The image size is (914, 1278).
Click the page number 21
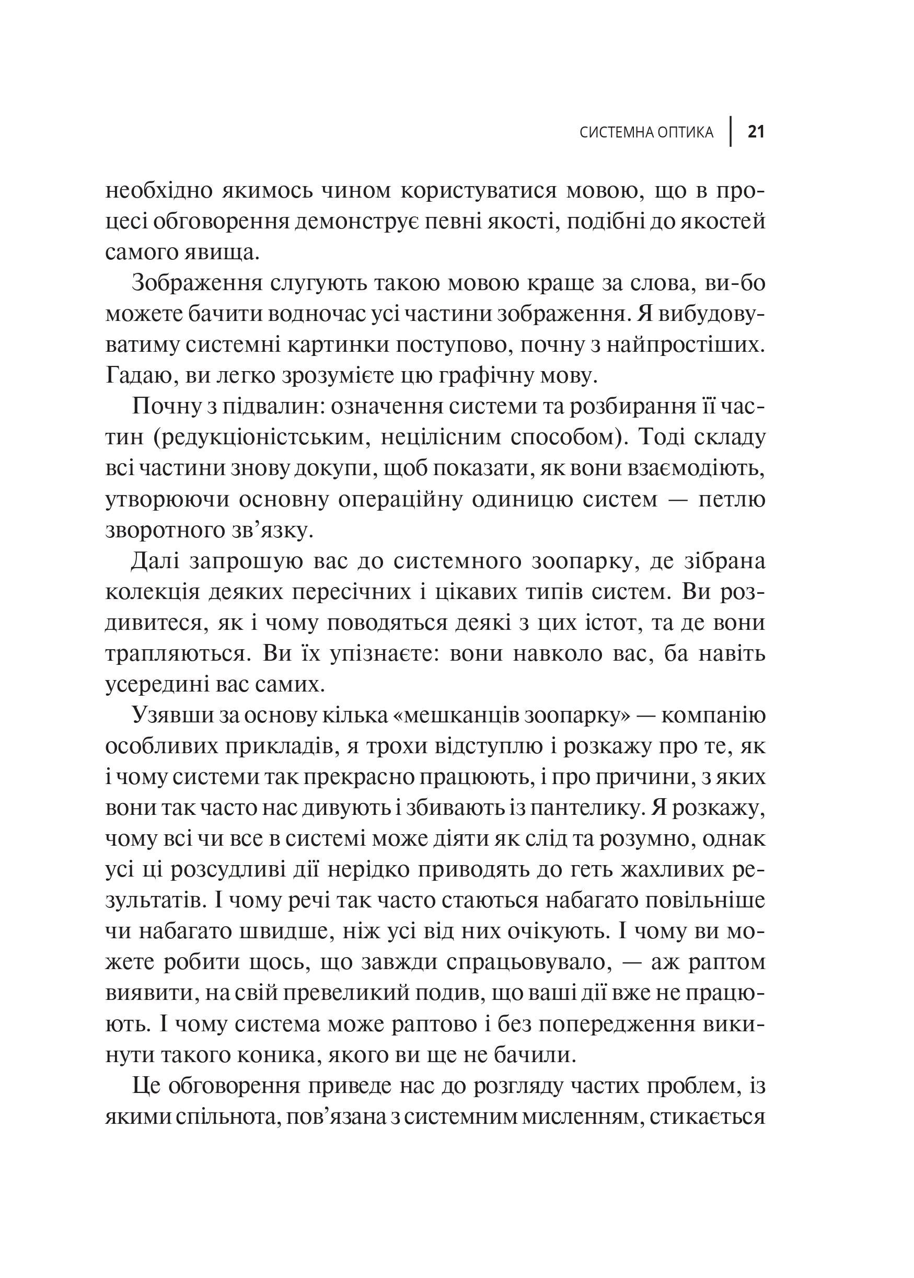755,132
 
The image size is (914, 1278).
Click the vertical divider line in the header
731,132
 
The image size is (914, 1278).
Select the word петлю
732,499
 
